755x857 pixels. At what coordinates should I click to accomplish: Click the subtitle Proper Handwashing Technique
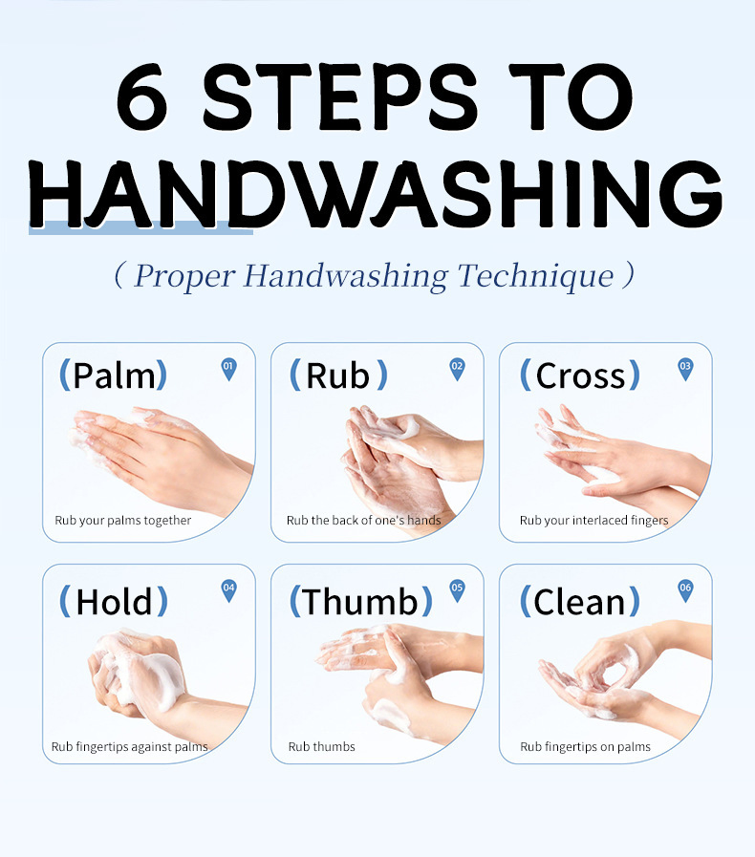[374, 276]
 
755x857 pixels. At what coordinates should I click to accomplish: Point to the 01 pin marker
[228, 368]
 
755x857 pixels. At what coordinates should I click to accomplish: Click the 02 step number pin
[457, 368]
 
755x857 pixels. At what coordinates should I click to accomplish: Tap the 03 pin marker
[685, 368]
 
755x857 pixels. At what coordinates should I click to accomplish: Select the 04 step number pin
[228, 589]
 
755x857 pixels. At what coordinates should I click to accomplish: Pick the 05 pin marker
[457, 589]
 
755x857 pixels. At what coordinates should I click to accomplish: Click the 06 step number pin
[685, 589]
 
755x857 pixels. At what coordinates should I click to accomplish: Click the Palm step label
[114, 375]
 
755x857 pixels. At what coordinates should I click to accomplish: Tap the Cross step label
[580, 375]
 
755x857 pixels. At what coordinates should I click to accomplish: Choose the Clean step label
[580, 602]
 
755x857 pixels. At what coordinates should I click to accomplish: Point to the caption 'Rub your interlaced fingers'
[593, 521]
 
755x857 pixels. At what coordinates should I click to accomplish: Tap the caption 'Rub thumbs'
[321, 746]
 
